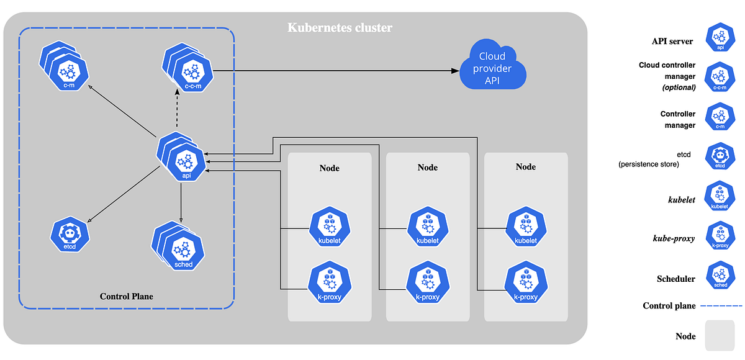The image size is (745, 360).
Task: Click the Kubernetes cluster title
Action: (340, 28)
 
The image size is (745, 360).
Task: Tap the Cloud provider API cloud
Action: (492, 65)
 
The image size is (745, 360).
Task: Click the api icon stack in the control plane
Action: (181, 158)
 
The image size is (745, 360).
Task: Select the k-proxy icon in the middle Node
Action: (427, 285)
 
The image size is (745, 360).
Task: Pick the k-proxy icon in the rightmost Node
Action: (525, 285)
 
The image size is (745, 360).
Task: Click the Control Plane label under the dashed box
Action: (126, 297)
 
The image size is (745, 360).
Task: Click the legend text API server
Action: (672, 41)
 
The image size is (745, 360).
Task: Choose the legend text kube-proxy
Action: (674, 238)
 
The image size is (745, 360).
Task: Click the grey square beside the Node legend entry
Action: (719, 335)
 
